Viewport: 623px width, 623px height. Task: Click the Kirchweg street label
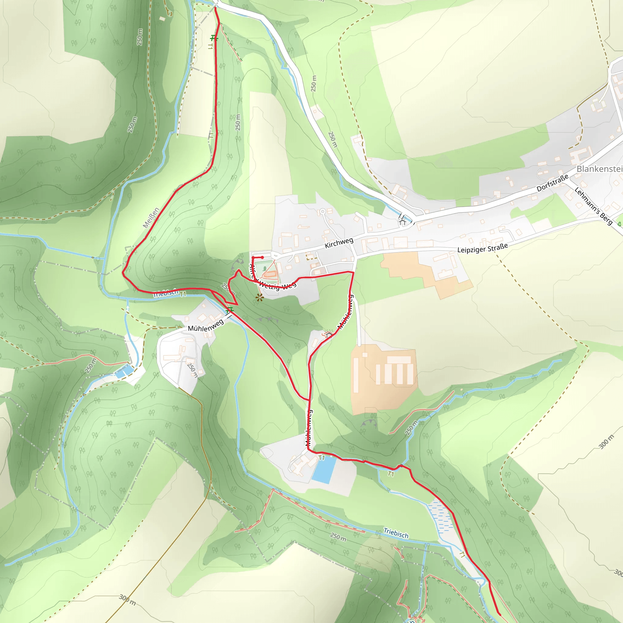click(339, 243)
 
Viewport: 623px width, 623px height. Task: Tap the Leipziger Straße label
click(482, 248)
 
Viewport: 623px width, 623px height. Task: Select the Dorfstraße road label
click(552, 183)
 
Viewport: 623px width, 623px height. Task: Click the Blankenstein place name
click(599, 169)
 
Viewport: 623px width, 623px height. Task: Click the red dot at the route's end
click(263, 257)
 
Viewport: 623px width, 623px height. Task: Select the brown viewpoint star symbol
click(259, 298)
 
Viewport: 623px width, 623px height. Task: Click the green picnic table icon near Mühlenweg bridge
click(229, 310)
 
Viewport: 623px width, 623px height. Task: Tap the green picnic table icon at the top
click(214, 38)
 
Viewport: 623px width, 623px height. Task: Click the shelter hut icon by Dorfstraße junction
click(402, 222)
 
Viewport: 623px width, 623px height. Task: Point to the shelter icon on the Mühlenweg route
click(328, 335)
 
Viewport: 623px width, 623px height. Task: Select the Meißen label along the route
click(151, 218)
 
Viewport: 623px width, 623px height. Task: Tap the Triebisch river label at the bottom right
click(396, 533)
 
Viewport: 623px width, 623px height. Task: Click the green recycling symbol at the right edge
click(619, 224)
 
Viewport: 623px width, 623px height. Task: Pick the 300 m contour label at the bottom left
click(127, 600)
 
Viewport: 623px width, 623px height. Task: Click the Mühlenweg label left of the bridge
click(206, 326)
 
